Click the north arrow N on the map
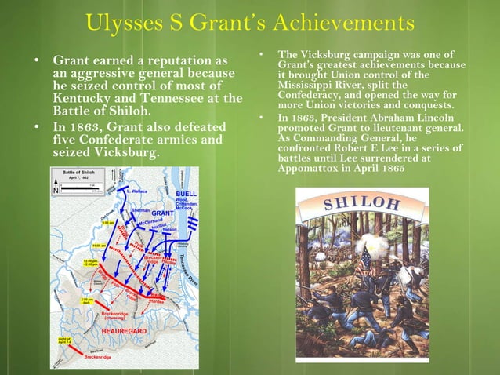point(56,190)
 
